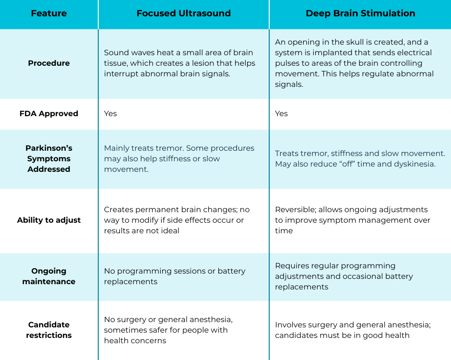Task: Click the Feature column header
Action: coord(49,13)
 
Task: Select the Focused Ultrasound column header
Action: coord(183,13)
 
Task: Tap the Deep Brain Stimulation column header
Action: coord(360,13)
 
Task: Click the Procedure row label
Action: coord(49,63)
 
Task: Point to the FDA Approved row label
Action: coord(49,114)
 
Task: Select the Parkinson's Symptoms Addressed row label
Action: coord(49,159)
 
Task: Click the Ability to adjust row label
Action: coord(49,220)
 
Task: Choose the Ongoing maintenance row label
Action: coord(49,276)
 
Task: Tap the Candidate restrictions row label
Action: coord(49,330)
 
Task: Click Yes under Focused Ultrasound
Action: coord(110,114)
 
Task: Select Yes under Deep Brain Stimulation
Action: coord(282,114)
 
